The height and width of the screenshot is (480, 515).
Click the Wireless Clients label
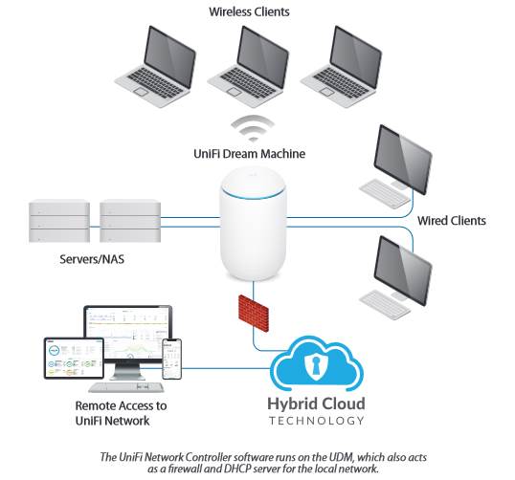click(x=249, y=11)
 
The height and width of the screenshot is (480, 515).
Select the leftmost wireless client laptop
click(x=155, y=67)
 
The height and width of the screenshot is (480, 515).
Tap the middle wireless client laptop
click(x=248, y=67)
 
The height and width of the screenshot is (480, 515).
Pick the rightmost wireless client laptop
click(x=341, y=67)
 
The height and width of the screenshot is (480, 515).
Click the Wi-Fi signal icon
click(x=253, y=129)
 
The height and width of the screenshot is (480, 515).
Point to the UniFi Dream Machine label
click(x=249, y=154)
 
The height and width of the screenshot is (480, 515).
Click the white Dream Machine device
click(x=253, y=224)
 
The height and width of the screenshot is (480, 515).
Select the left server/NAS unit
click(x=59, y=221)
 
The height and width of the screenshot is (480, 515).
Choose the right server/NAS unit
click(x=130, y=221)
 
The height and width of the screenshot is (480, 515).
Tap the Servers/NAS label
click(x=92, y=259)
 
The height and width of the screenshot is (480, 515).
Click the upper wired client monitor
click(x=403, y=160)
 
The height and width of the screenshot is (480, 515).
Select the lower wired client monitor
click(x=403, y=271)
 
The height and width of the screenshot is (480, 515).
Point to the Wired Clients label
click(x=452, y=221)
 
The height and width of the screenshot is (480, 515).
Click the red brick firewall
click(x=254, y=314)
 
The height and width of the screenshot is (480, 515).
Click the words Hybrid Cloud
click(x=316, y=404)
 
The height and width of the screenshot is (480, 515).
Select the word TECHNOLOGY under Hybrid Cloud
click(x=317, y=421)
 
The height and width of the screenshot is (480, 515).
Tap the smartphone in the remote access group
click(x=171, y=360)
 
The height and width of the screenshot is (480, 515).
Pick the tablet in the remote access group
click(x=74, y=359)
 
